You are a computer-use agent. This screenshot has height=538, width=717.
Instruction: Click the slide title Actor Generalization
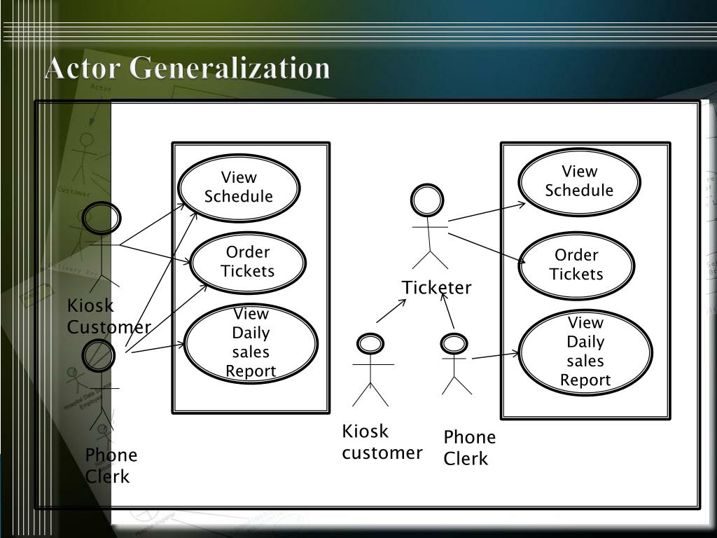187,69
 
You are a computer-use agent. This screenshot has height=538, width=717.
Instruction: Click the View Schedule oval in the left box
239,187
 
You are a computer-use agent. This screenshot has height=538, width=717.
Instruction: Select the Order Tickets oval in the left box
248,262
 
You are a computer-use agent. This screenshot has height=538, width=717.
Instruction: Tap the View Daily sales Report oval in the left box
251,343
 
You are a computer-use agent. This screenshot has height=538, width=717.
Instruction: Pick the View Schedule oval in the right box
579,181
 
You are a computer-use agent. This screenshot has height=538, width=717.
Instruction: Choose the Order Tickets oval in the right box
576,265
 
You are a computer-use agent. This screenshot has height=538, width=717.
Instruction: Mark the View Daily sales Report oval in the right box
585,352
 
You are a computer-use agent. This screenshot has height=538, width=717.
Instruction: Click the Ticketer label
436,288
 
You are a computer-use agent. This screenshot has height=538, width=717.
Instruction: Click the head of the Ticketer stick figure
426,201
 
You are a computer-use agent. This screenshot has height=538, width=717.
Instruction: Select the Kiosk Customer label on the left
109,317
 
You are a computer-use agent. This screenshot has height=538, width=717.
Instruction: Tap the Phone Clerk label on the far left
111,466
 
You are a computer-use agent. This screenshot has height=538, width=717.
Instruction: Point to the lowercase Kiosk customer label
382,442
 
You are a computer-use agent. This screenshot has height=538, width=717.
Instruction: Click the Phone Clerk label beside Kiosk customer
469,448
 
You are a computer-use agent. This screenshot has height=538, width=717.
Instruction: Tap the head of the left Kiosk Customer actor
102,218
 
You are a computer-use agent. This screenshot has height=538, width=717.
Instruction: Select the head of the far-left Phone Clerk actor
99,355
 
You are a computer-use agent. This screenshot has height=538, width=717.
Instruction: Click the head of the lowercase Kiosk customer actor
370,344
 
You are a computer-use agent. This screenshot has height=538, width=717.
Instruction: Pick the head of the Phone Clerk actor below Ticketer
454,344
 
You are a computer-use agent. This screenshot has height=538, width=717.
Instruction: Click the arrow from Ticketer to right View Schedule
487,212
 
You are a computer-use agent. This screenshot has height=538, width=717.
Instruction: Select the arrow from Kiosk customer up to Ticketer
391,311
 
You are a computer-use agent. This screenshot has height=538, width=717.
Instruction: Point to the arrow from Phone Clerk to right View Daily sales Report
496,356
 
